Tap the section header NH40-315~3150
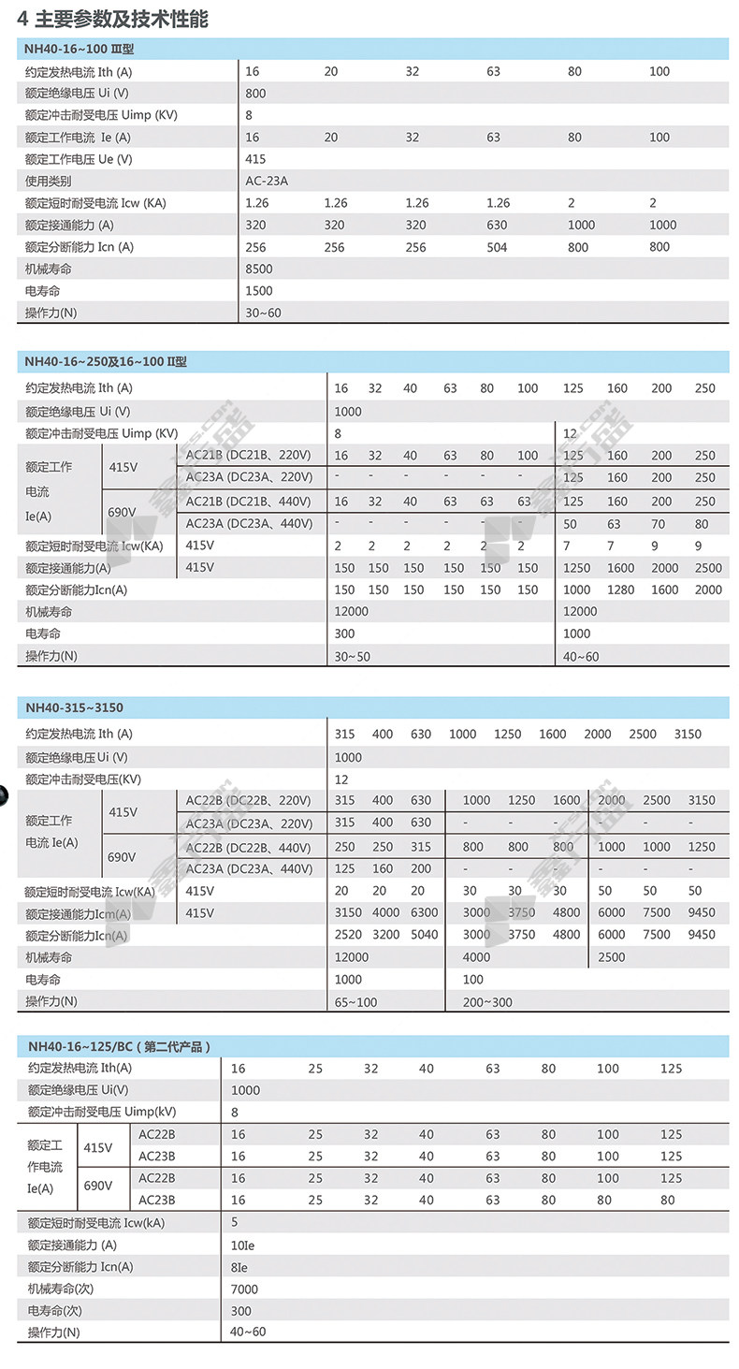point(74,707)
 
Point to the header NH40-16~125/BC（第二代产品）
point(119,1046)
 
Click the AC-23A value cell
point(267,182)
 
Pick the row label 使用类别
point(48,182)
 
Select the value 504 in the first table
point(497,248)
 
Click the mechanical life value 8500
point(258,269)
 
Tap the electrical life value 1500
point(258,291)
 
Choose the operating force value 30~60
point(263,313)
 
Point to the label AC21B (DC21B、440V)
point(249,502)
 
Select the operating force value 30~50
point(353,657)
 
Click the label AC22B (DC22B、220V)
point(248,800)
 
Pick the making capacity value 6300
point(424,912)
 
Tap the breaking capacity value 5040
point(424,935)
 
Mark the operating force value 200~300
point(487,1002)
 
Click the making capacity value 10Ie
point(243,1245)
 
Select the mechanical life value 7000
point(244,1289)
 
